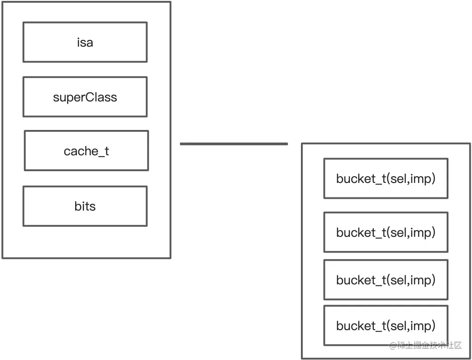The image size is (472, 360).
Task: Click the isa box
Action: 45,42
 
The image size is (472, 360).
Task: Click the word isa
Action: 85,43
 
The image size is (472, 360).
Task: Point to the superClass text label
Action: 85,97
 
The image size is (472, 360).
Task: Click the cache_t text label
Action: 86,151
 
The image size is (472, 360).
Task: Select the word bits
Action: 85,206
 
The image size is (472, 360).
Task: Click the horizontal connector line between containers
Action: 234,144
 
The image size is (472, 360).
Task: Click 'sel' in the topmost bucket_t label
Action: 399,178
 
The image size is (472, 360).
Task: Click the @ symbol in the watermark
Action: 393,346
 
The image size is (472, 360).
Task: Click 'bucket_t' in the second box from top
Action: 360,233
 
